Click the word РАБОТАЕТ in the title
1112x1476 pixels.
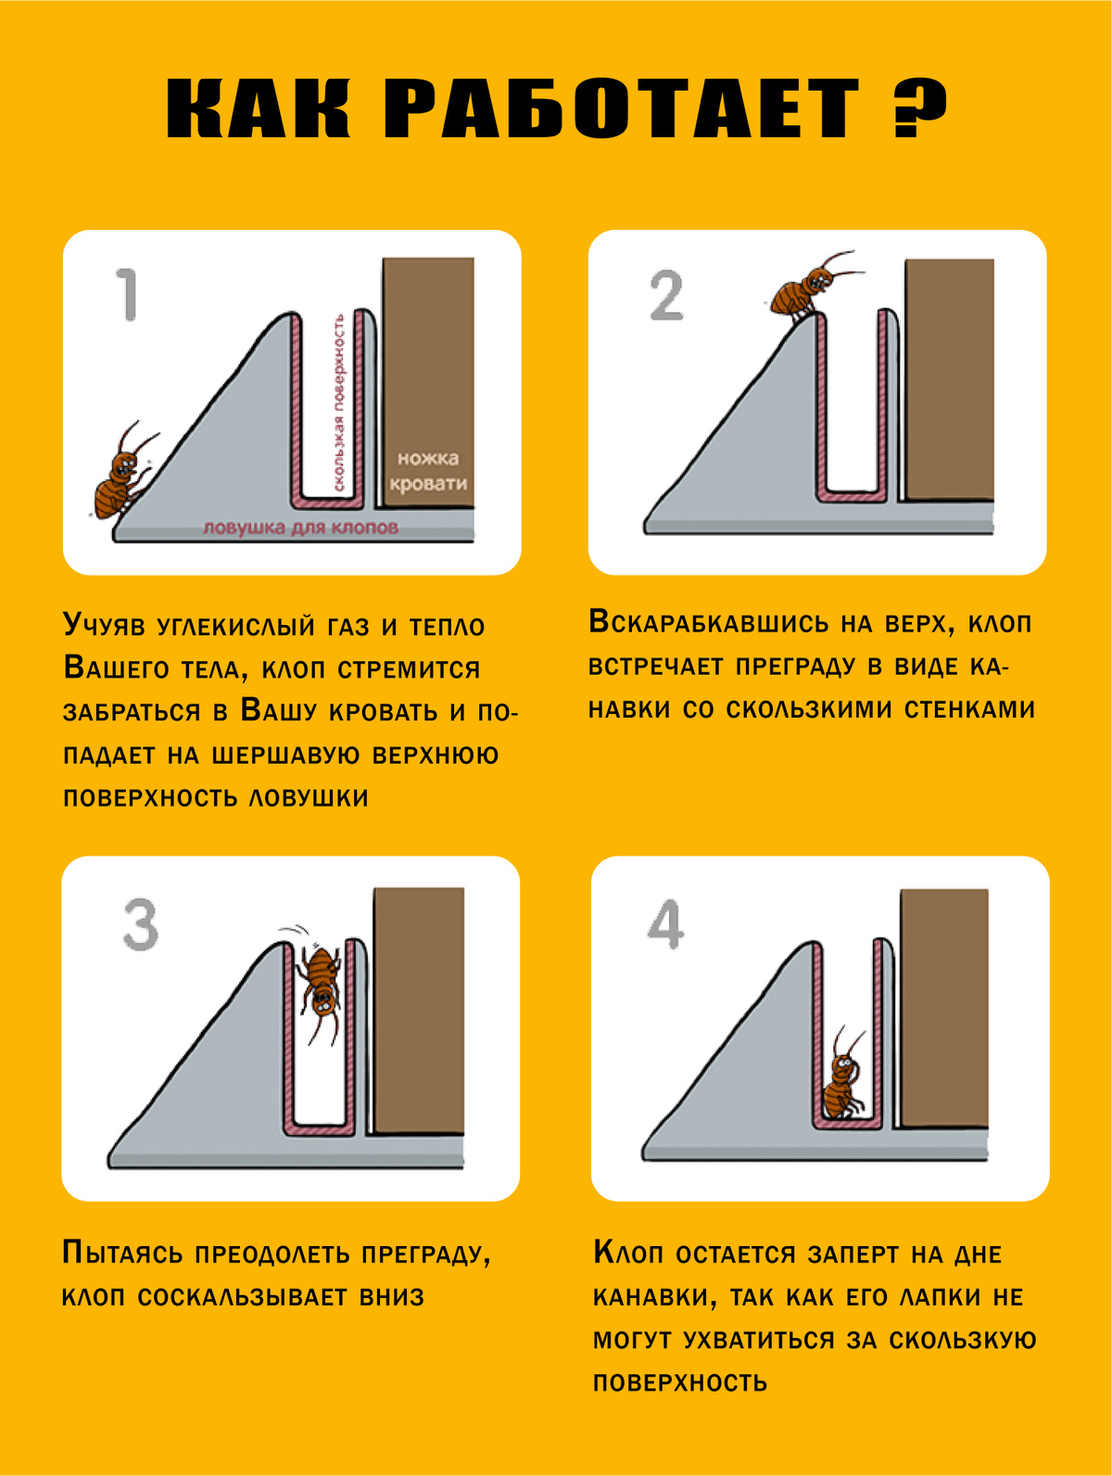click(622, 108)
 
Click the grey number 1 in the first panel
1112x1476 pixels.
click(127, 295)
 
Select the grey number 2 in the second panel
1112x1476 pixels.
click(666, 295)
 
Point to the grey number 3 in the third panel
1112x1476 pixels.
click(141, 925)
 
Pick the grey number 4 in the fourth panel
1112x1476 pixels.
click(665, 925)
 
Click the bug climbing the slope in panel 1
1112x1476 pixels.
click(123, 471)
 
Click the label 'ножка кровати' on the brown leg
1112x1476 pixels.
click(428, 471)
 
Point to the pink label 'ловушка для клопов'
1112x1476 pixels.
click(301, 528)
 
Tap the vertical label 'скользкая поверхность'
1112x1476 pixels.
click(339, 402)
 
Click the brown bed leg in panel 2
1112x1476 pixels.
click(950, 380)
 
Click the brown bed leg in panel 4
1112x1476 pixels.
click(943, 1008)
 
